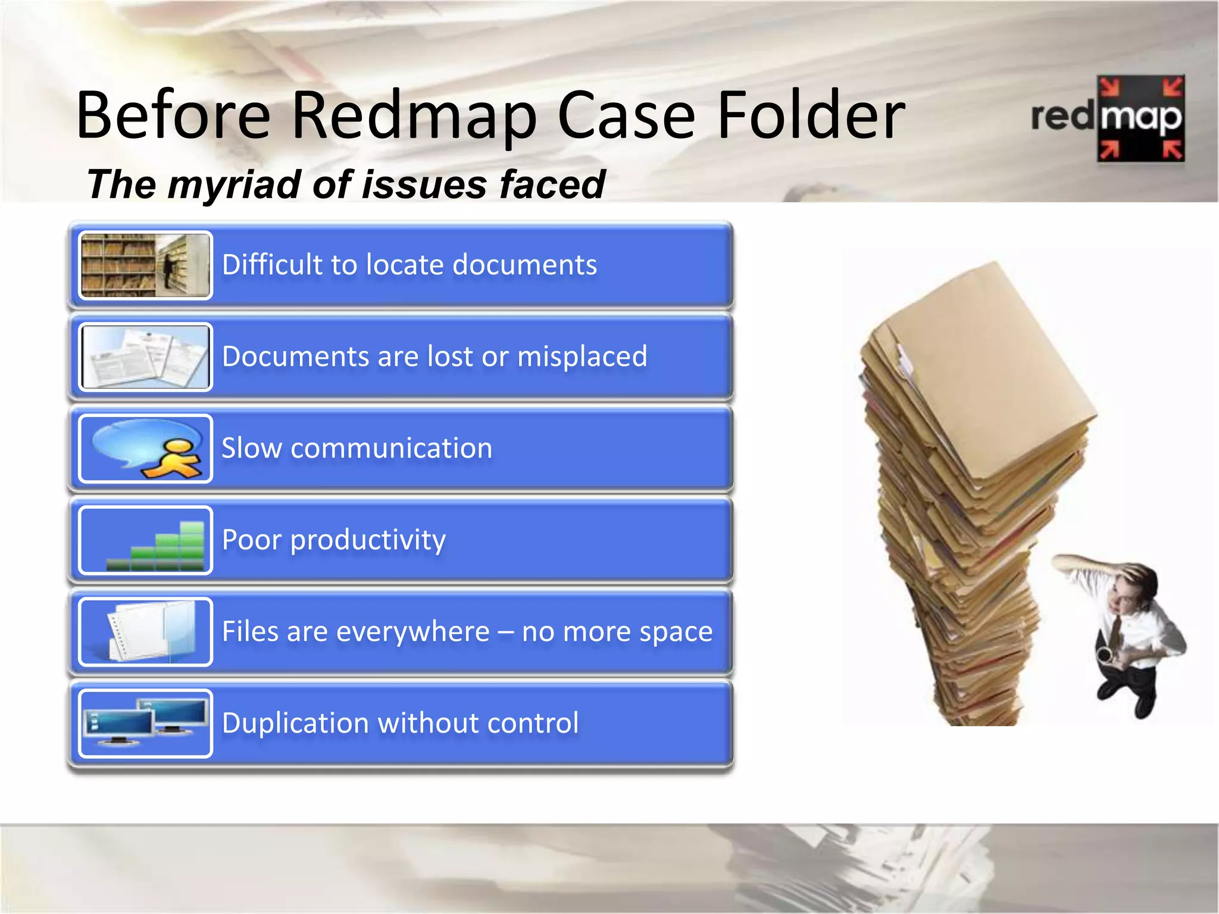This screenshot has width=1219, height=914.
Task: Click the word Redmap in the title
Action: coord(414,116)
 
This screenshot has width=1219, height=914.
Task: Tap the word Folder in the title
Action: coord(811,116)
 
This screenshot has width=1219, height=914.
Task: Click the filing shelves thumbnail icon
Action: coord(145,265)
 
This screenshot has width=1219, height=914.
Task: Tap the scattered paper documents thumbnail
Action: coord(145,357)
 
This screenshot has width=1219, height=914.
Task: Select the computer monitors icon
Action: coord(145,723)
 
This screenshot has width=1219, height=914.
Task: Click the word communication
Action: coord(391,448)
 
